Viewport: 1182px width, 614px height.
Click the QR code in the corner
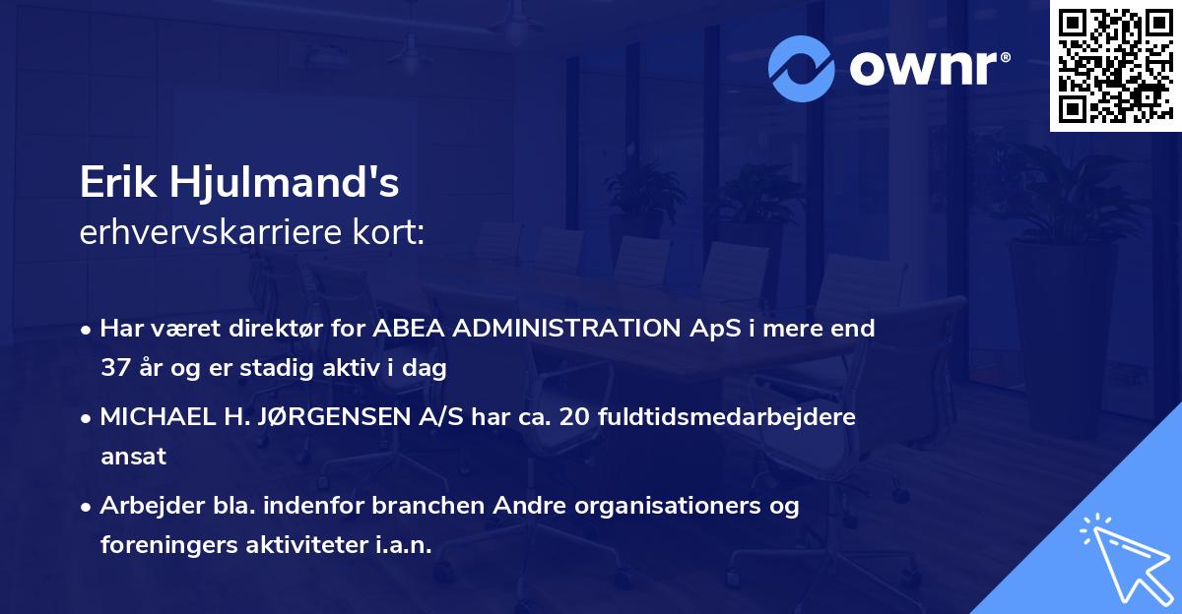1115,66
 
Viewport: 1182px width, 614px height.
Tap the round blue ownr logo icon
802,69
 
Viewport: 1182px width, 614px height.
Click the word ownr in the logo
924,69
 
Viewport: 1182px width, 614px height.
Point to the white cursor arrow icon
1127,559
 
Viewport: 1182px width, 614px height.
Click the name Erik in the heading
118,182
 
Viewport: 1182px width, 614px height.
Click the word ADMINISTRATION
566,328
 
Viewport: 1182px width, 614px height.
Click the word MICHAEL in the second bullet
158,416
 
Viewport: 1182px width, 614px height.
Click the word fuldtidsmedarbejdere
727,416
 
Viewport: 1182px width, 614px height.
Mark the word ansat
134,456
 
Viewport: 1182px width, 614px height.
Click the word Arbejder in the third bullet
153,505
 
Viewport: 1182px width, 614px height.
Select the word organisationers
668,506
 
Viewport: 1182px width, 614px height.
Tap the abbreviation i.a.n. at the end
404,544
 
